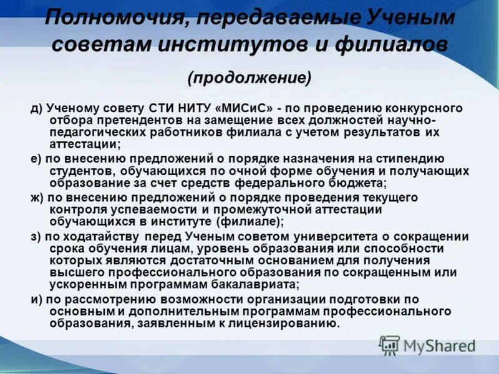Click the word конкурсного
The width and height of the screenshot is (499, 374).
[425, 108]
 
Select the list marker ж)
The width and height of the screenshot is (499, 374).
[38, 198]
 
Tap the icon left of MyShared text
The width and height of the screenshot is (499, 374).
[390, 345]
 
